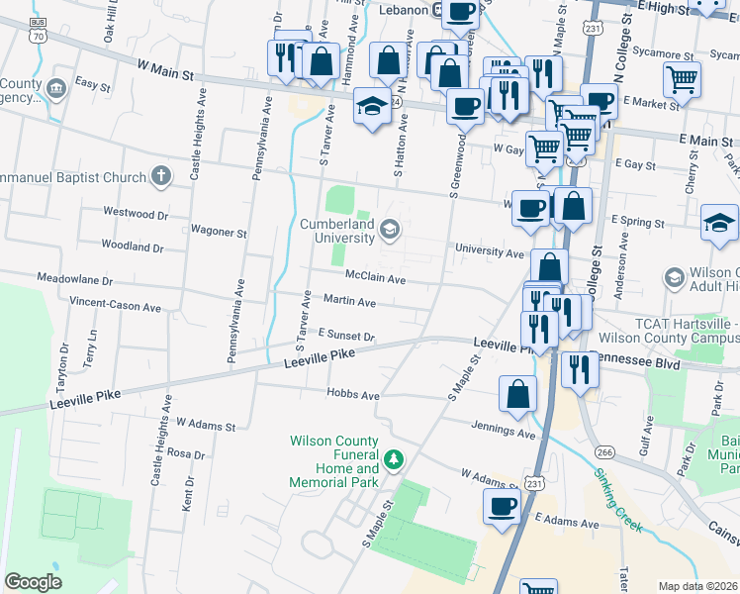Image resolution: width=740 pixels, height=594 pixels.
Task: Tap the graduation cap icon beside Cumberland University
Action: click(x=390, y=231)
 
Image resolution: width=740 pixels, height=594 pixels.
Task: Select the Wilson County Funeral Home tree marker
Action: click(x=394, y=459)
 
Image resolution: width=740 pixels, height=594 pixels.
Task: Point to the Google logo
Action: click(x=33, y=581)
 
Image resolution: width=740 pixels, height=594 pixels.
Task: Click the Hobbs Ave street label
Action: click(x=353, y=395)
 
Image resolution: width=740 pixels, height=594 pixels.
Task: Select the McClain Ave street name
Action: click(x=375, y=279)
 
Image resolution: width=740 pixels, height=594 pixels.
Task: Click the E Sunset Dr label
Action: click(x=345, y=337)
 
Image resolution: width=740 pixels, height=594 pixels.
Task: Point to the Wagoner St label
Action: click(x=218, y=233)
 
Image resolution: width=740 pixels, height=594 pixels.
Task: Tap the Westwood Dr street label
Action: click(x=136, y=213)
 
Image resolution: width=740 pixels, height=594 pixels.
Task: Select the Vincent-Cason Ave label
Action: click(x=115, y=307)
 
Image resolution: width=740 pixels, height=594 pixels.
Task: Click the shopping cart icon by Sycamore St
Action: click(x=681, y=80)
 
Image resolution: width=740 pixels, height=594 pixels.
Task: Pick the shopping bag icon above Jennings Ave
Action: click(x=518, y=393)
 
